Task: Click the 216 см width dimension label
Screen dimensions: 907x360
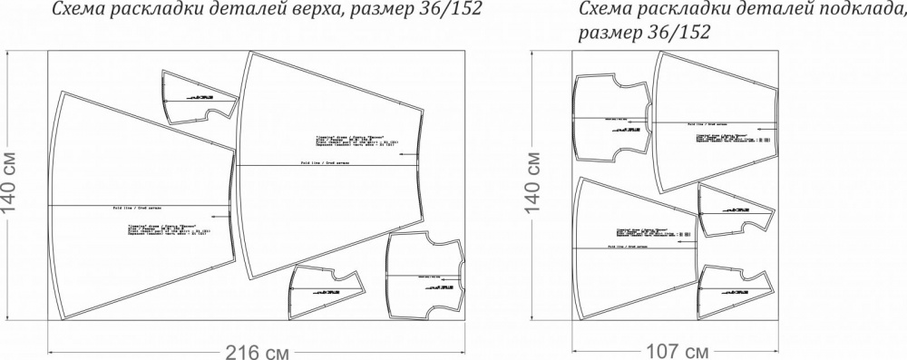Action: click(245, 349)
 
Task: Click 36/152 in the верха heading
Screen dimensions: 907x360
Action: click(445, 11)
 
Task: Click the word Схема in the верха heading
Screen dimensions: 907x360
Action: click(75, 11)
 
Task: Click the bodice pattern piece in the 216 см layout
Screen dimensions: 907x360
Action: click(424, 272)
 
